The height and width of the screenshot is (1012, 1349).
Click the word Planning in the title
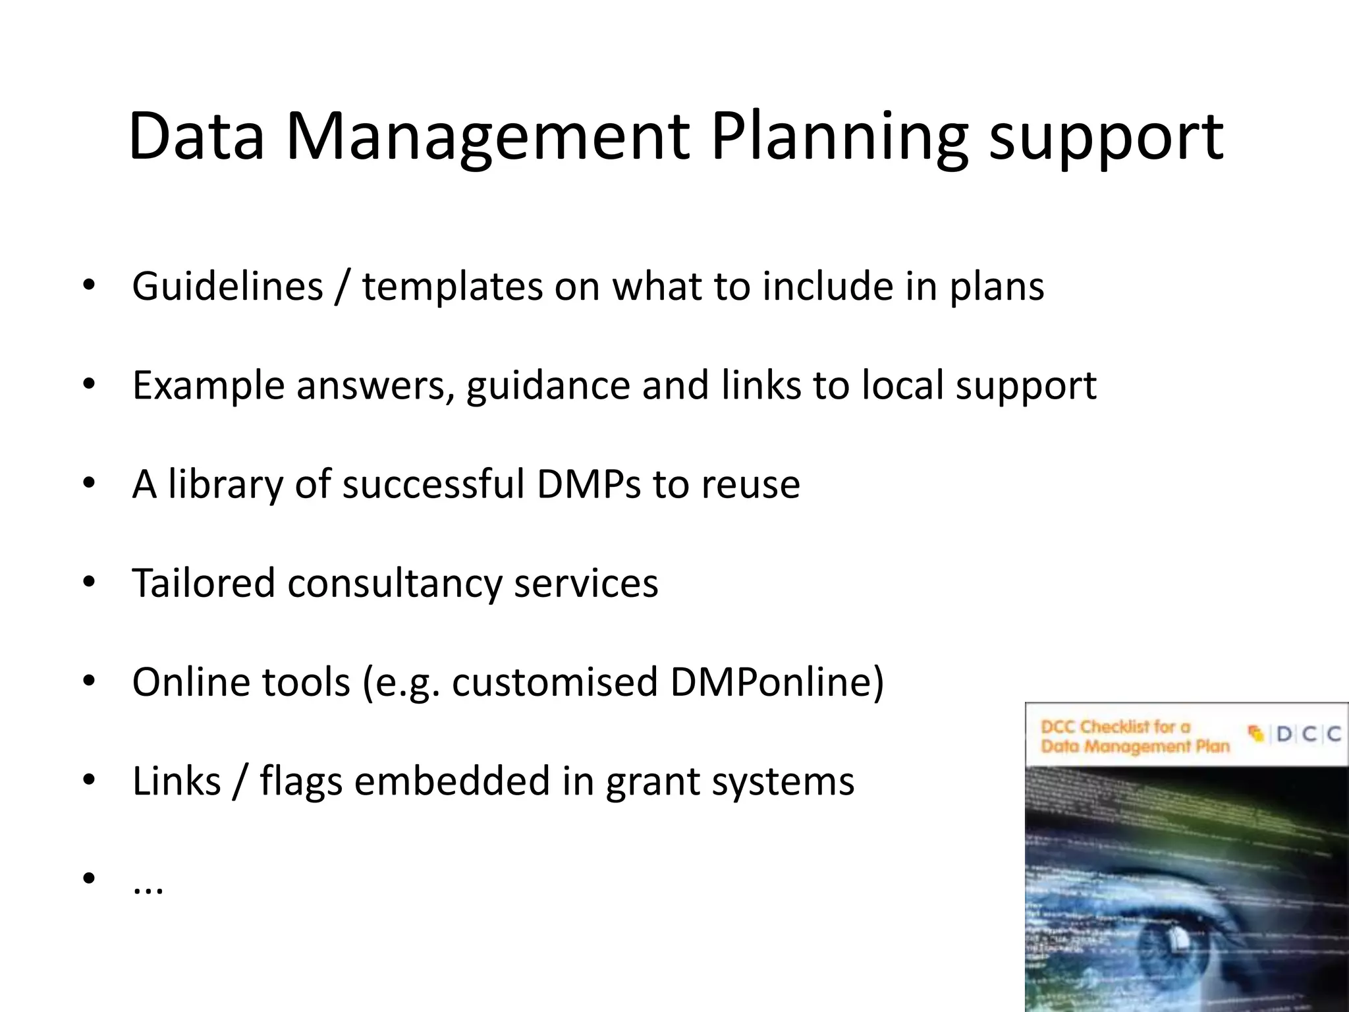click(839, 137)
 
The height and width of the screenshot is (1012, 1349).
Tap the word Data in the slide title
click(196, 137)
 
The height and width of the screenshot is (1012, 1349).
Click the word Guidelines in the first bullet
click(227, 287)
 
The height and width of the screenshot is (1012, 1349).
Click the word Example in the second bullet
click(208, 386)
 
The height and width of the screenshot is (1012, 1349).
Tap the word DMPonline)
click(777, 682)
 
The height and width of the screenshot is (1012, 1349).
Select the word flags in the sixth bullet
click(301, 781)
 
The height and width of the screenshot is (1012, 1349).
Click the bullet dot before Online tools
click(90, 682)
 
